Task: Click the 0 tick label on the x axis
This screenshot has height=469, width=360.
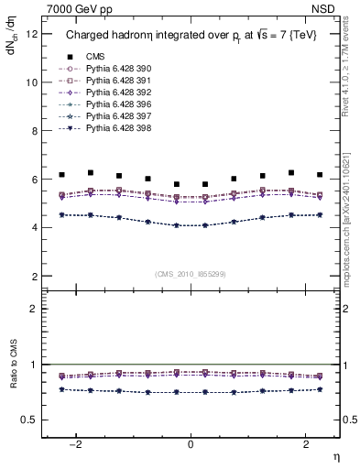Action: coord(191,444)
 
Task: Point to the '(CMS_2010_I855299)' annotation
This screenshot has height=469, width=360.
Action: coord(191,273)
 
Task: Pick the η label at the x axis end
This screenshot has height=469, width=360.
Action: coord(334,455)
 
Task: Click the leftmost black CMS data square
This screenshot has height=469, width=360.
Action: coord(61,174)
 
